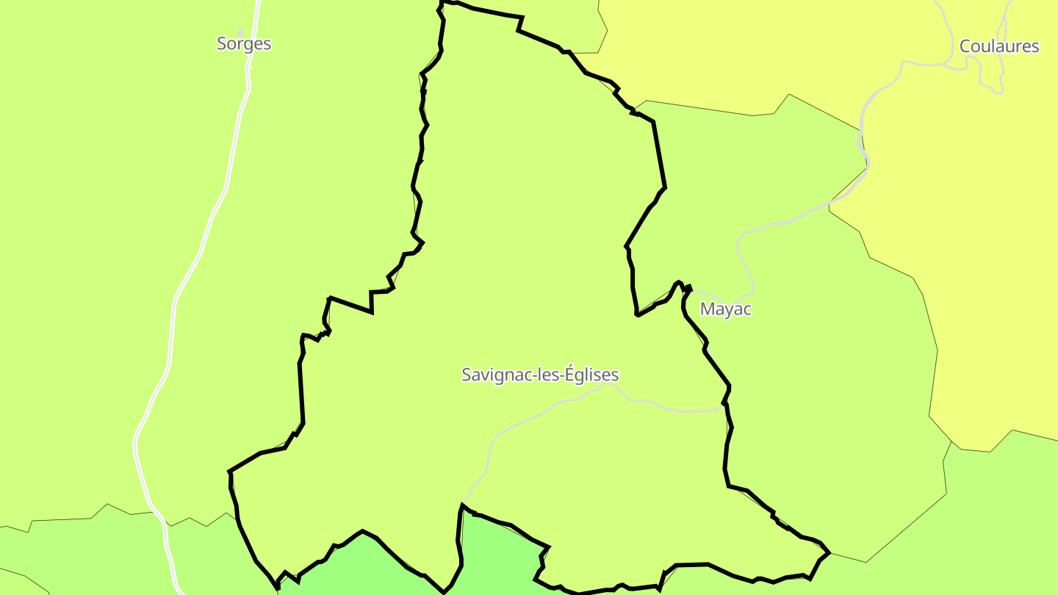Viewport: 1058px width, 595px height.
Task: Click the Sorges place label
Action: [244, 43]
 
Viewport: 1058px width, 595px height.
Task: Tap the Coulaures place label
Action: [999, 46]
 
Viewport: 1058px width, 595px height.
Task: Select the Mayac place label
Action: [726, 309]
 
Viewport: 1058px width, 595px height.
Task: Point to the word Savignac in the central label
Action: [493, 375]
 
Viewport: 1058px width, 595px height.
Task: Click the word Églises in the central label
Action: [591, 375]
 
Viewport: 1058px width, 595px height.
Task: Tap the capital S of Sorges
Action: [221, 43]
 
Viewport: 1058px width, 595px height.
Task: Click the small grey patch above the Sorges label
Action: [240, 32]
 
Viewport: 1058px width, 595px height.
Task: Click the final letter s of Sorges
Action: [267, 44]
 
